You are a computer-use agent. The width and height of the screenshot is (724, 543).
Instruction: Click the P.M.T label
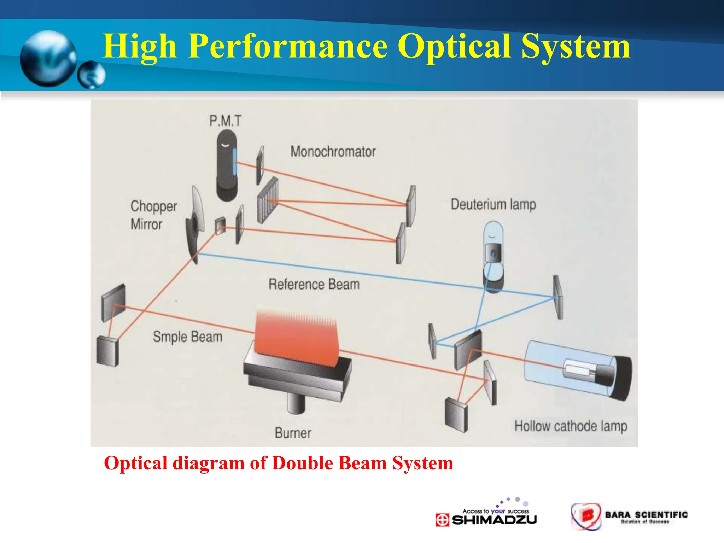click(x=225, y=121)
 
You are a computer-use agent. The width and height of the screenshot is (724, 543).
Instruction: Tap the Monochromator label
click(x=333, y=152)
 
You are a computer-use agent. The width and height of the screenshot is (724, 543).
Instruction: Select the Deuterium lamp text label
click(x=493, y=205)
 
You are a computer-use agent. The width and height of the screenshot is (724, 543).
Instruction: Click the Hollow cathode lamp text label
click(x=571, y=426)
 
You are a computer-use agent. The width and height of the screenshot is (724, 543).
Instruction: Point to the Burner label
click(x=293, y=433)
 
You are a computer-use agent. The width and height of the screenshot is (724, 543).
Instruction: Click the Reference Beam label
click(x=314, y=285)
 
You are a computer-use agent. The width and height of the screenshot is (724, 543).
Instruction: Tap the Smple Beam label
click(x=187, y=337)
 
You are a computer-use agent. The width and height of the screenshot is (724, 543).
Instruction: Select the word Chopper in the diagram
click(x=154, y=206)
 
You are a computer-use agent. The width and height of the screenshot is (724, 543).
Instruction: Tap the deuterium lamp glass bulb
click(x=493, y=233)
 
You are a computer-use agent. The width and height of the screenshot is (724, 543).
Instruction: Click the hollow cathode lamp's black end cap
click(x=622, y=378)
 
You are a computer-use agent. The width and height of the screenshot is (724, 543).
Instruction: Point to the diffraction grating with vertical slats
click(x=268, y=200)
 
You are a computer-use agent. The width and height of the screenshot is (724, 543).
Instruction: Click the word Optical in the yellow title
click(x=455, y=46)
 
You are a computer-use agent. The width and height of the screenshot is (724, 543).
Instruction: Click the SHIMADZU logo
click(x=487, y=519)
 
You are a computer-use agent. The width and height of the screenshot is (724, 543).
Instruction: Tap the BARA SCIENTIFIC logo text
click(x=646, y=515)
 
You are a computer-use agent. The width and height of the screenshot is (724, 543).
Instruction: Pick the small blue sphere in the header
click(x=91, y=75)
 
